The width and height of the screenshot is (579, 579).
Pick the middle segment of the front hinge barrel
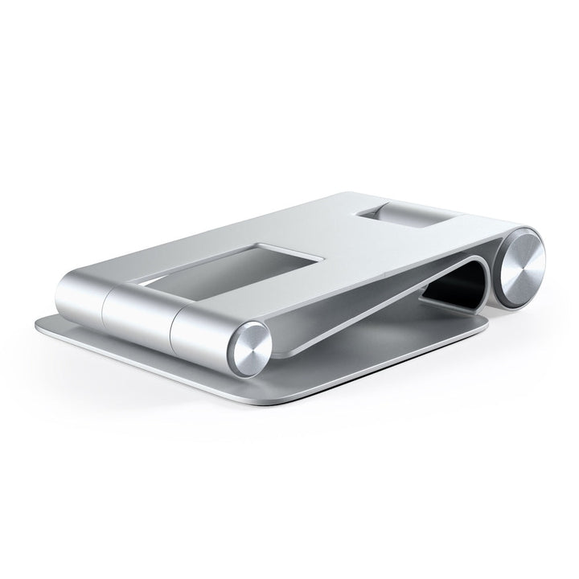coord(141,309)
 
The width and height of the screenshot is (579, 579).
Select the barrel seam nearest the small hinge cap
coord(172,322)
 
